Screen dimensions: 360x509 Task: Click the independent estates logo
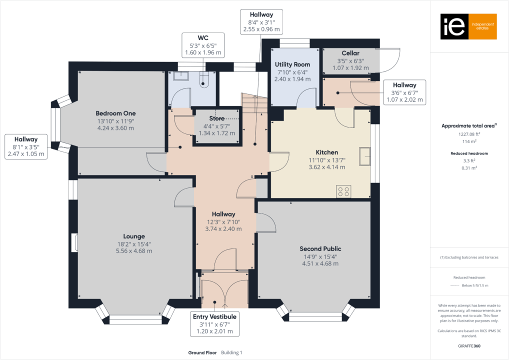tap(468, 26)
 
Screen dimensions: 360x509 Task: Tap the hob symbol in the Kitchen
tap(343, 191)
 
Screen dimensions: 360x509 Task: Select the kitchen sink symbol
tap(365, 156)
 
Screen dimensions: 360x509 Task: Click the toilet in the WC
tap(204, 80)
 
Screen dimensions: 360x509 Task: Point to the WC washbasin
tap(179, 76)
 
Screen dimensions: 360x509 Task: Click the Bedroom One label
tap(115, 113)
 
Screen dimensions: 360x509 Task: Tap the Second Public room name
tap(320, 248)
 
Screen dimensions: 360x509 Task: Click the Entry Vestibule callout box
tap(215, 324)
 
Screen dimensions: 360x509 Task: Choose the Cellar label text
tap(350, 53)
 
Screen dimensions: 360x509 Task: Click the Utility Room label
tap(292, 64)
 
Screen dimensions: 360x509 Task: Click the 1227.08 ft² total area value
tap(468, 134)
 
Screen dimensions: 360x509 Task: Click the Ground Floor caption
tap(202, 352)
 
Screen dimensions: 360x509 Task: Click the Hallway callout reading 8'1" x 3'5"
tap(25, 146)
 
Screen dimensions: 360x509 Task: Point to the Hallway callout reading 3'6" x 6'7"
tap(404, 92)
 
